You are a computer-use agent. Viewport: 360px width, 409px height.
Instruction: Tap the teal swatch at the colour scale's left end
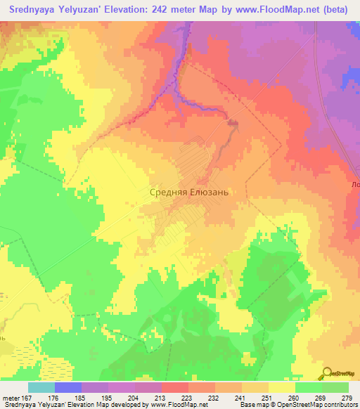[41, 387]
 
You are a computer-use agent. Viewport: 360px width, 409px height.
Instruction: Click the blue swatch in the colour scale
[68, 387]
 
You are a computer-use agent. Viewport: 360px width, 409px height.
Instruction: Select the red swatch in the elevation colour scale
[175, 387]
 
